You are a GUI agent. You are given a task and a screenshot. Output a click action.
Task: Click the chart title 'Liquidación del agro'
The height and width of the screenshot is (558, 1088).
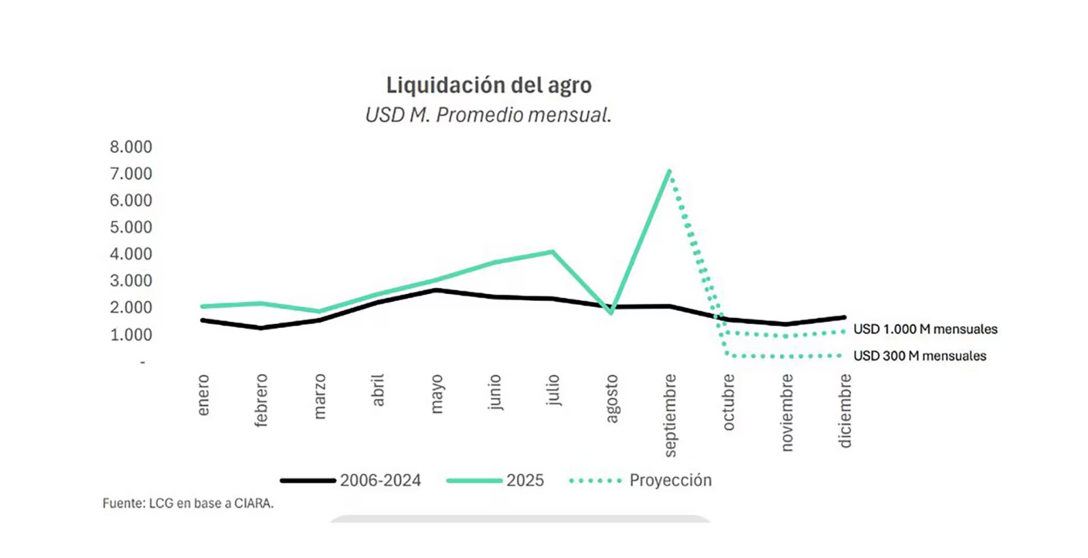(x=488, y=85)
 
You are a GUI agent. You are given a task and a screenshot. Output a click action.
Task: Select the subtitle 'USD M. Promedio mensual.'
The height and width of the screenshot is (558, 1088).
(x=488, y=115)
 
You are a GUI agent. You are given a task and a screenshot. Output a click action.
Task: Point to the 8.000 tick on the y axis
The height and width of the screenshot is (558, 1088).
(x=131, y=147)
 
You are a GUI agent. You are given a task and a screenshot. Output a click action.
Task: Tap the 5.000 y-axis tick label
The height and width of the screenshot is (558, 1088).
(x=131, y=227)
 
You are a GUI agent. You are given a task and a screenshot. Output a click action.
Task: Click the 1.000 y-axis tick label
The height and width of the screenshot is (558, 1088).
(x=131, y=335)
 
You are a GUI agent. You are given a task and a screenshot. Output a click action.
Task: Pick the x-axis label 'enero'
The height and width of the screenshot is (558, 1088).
(x=203, y=395)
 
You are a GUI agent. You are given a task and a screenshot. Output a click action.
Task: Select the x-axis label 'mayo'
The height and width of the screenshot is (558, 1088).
(x=437, y=393)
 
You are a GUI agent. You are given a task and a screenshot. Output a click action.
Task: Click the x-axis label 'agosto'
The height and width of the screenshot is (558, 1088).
(x=612, y=398)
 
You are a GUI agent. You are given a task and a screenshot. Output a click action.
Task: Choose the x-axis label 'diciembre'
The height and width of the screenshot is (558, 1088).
(x=845, y=410)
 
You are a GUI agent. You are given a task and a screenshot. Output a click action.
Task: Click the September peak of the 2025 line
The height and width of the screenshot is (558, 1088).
(x=669, y=171)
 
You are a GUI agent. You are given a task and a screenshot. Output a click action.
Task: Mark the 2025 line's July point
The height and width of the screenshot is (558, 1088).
(x=553, y=252)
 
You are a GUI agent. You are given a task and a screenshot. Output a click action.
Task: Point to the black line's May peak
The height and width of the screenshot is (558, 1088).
(x=437, y=291)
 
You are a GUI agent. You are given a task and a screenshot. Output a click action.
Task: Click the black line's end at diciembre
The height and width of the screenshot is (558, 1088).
(x=844, y=317)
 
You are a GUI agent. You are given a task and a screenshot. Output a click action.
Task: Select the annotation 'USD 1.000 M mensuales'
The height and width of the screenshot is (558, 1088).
(x=925, y=329)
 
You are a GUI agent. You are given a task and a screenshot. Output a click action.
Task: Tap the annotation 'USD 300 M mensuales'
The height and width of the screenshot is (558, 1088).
(x=919, y=356)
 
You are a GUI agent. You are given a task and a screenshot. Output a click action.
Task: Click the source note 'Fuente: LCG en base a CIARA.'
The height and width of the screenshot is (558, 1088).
(x=188, y=504)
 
